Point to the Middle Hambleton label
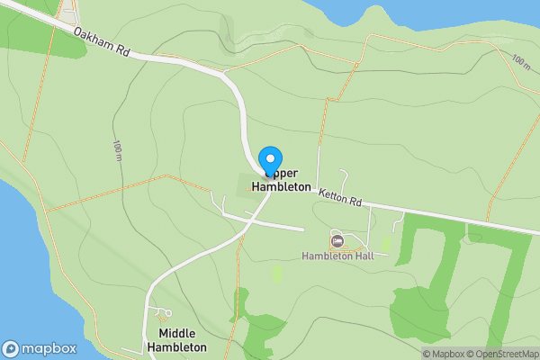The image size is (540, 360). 176,339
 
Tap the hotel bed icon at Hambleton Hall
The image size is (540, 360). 337,240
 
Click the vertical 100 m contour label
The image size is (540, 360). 118,150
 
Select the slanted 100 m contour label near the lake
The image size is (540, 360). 520,61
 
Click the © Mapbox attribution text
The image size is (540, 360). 442,354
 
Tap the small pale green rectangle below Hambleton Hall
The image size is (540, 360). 277,273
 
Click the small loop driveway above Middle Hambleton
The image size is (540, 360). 163,314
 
